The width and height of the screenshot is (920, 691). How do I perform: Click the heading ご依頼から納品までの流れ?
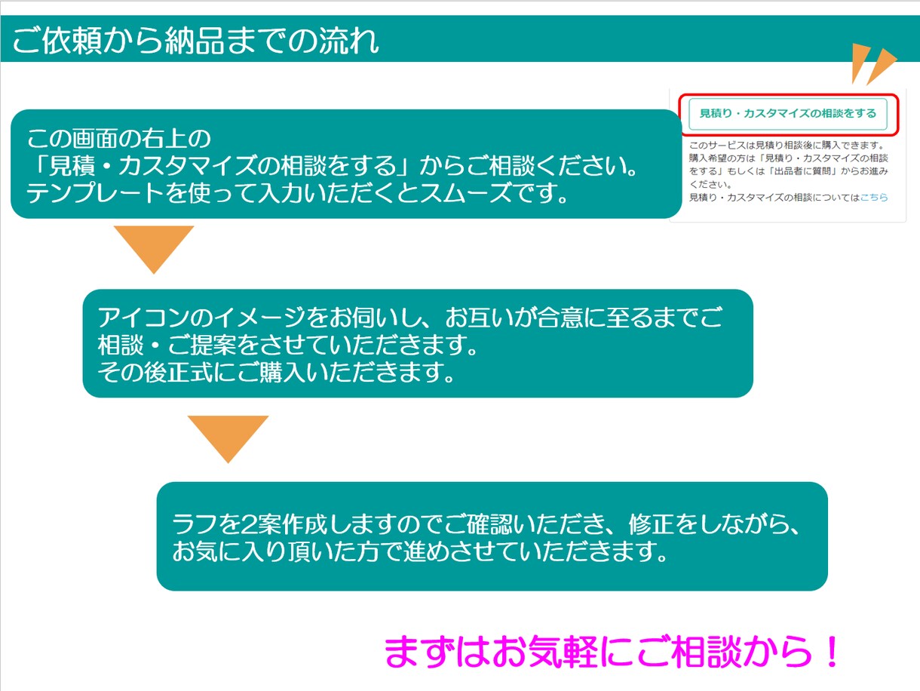(196, 41)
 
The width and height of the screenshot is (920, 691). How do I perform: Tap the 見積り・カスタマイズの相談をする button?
(788, 114)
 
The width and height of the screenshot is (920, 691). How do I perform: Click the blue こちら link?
(874, 197)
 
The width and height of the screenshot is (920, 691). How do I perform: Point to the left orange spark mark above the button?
(860, 62)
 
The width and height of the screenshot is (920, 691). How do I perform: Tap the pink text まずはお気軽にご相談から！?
(612, 651)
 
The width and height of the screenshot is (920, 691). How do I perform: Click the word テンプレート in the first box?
(95, 193)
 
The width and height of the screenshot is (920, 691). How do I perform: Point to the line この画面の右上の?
(118, 139)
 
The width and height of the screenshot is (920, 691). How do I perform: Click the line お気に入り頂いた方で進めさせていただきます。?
(419, 551)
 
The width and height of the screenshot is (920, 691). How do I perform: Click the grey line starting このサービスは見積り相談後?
(788, 145)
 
